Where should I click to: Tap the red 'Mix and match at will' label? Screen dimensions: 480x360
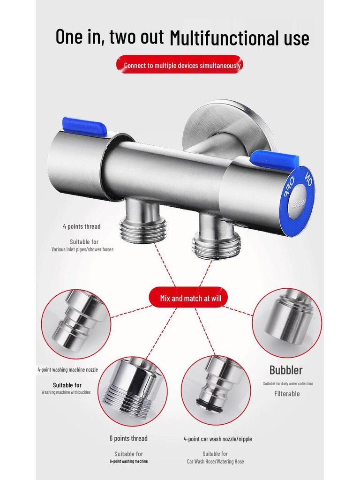click(x=187, y=298)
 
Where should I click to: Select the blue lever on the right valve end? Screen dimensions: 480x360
click(x=274, y=159)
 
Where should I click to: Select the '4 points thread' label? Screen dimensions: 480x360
click(x=82, y=226)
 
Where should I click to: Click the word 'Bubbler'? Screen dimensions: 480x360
click(x=286, y=370)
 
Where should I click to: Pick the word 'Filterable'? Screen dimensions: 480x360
click(x=287, y=394)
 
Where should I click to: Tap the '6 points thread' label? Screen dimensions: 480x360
click(x=128, y=438)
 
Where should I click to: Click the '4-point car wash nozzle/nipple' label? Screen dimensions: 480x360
click(x=217, y=439)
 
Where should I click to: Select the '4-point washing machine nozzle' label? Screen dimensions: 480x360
click(x=68, y=369)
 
